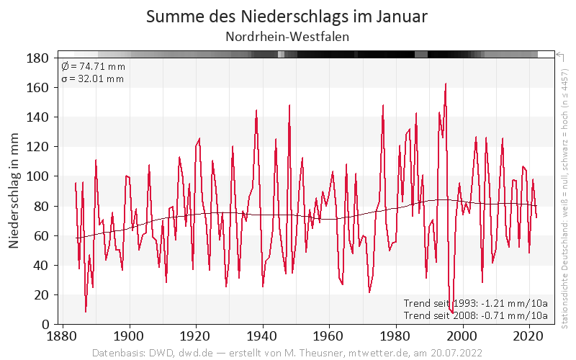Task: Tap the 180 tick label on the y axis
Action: tap(37, 58)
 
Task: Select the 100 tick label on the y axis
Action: tap(37, 176)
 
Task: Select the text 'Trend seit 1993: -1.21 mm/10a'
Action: tap(476, 303)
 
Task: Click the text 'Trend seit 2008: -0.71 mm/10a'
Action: tap(476, 315)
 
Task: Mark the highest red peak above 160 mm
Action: tap(446, 84)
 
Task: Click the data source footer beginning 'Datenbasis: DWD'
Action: tap(287, 354)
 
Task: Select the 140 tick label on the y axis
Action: tap(37, 117)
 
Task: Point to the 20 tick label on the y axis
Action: tap(41, 295)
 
